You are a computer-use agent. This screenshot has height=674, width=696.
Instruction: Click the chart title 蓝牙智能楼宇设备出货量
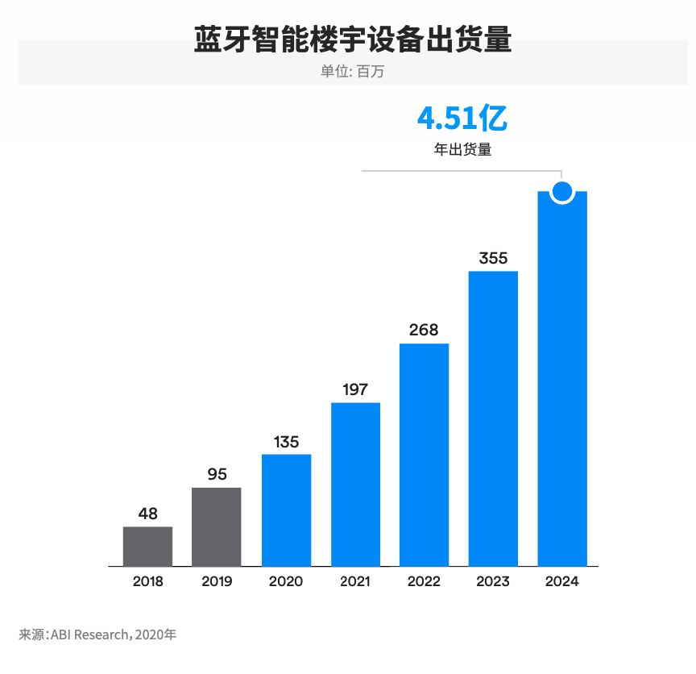point(353,40)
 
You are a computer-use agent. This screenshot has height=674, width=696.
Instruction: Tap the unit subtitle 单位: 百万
point(353,71)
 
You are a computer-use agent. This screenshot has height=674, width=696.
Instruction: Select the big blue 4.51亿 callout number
point(462,119)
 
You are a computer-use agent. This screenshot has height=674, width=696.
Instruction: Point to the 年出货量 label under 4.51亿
point(462,149)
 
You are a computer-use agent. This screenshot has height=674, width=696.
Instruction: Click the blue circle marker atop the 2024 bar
point(562,192)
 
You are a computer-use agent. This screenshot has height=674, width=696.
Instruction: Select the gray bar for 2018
point(147,547)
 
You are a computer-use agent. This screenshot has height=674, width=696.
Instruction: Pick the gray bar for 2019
point(216,527)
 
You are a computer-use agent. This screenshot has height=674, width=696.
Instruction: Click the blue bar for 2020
point(286,510)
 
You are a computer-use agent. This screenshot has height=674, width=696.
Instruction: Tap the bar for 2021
point(355,485)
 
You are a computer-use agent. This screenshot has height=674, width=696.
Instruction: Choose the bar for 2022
point(424,456)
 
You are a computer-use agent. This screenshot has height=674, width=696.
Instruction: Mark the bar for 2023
point(493,419)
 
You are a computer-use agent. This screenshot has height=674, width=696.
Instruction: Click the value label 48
point(147,514)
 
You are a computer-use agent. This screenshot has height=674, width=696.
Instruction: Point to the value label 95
point(217,474)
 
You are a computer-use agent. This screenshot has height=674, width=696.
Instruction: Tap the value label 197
point(355,389)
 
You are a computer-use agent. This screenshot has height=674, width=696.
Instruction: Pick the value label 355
point(493,258)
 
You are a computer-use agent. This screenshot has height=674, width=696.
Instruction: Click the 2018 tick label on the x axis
point(147,581)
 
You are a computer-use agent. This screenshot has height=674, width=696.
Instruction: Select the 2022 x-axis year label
point(424,581)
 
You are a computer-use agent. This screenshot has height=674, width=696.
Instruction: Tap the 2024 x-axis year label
point(562,581)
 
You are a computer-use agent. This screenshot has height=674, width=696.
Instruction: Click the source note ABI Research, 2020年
point(97,634)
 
